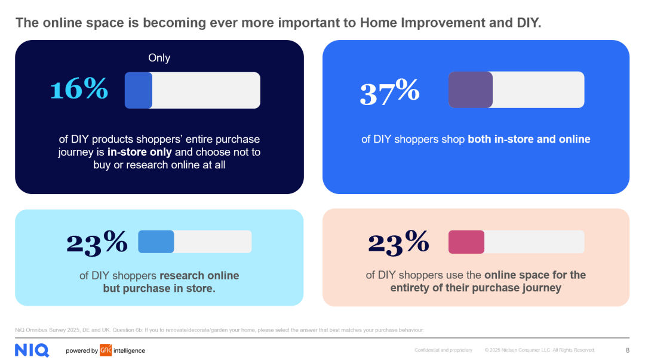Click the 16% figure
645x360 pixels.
click(79, 88)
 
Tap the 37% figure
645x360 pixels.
click(389, 92)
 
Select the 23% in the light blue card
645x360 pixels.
click(97, 243)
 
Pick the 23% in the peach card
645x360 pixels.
click(398, 243)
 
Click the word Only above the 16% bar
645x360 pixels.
click(159, 58)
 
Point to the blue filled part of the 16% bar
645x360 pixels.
click(139, 91)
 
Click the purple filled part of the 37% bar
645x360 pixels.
click(470, 90)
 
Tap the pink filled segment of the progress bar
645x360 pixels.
click(466, 242)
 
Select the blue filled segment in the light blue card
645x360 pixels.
click(156, 242)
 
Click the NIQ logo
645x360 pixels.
click(32, 350)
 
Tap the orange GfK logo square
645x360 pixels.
click(106, 350)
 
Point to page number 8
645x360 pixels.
click(627, 350)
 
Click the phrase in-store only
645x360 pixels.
click(139, 152)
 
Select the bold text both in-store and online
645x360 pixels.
click(529, 139)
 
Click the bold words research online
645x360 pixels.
click(199, 275)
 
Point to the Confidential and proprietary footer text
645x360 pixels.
click(443, 350)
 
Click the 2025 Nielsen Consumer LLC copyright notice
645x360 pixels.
click(540, 350)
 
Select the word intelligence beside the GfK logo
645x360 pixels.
click(129, 350)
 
